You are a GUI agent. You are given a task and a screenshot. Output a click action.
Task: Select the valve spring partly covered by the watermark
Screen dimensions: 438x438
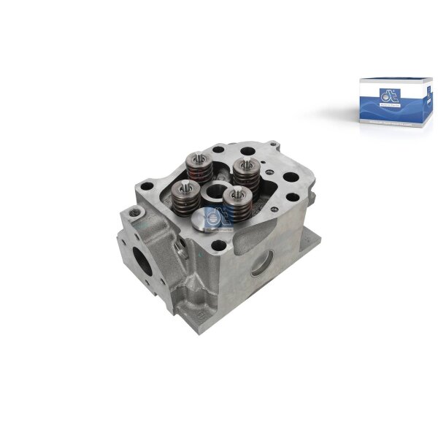point(234,204)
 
